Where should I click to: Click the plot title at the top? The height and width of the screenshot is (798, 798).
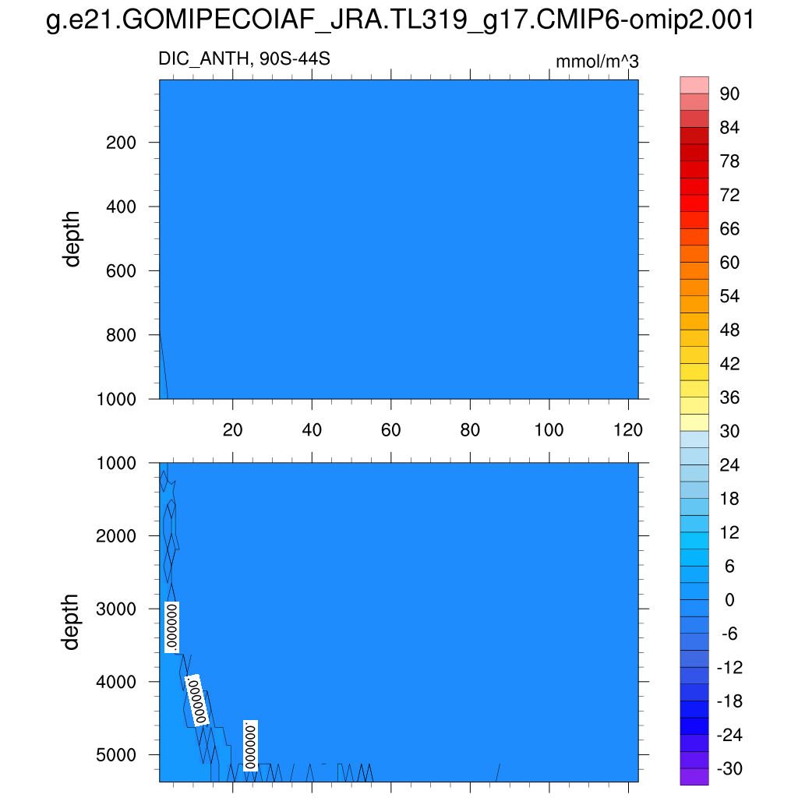pyautogui.click(x=399, y=21)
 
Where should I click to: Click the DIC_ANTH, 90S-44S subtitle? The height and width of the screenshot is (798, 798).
pyautogui.click(x=238, y=59)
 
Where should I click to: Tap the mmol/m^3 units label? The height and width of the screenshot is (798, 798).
pyautogui.click(x=596, y=62)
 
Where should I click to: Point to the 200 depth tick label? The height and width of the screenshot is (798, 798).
pyautogui.click(x=122, y=143)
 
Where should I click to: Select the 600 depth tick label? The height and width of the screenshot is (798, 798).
pyautogui.click(x=122, y=271)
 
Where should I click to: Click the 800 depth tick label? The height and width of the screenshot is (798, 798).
pyautogui.click(x=122, y=335)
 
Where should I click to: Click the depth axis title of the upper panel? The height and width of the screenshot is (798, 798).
pyautogui.click(x=72, y=238)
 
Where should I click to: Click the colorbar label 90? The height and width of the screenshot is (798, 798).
pyautogui.click(x=730, y=94)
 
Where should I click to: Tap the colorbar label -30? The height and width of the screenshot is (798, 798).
pyautogui.click(x=730, y=769)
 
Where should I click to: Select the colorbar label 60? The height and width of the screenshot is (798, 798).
pyautogui.click(x=730, y=263)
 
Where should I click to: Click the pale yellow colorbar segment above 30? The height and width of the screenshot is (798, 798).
pyautogui.click(x=694, y=422)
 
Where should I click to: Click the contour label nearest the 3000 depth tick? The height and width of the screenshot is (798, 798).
pyautogui.click(x=172, y=626)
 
